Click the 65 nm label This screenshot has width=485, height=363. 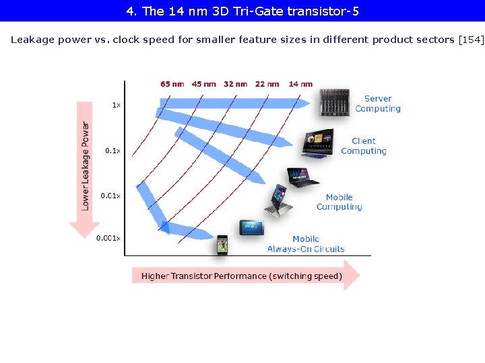click(x=172, y=84)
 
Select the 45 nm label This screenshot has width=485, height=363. click(x=204, y=84)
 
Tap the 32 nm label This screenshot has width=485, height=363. click(x=236, y=84)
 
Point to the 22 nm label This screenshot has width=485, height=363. click(x=267, y=84)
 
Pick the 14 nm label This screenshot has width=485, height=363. click(x=300, y=84)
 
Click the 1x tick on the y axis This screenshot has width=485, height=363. click(x=116, y=105)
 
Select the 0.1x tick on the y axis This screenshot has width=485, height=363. click(x=112, y=151)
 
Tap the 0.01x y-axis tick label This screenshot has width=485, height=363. click(x=111, y=196)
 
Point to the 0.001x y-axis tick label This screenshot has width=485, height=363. click(x=108, y=238)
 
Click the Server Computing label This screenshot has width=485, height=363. click(x=377, y=104)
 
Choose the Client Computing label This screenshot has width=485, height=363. click(x=364, y=146)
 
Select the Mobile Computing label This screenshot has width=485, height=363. click(x=339, y=202)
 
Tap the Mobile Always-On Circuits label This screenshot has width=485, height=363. click(x=305, y=244)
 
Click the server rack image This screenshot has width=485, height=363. click(x=334, y=104)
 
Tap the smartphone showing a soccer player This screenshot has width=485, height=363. click(x=222, y=245)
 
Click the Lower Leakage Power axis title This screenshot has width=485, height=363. click(x=86, y=165)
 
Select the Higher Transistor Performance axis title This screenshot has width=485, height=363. click(x=241, y=276)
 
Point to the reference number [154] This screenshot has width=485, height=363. click(x=471, y=40)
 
